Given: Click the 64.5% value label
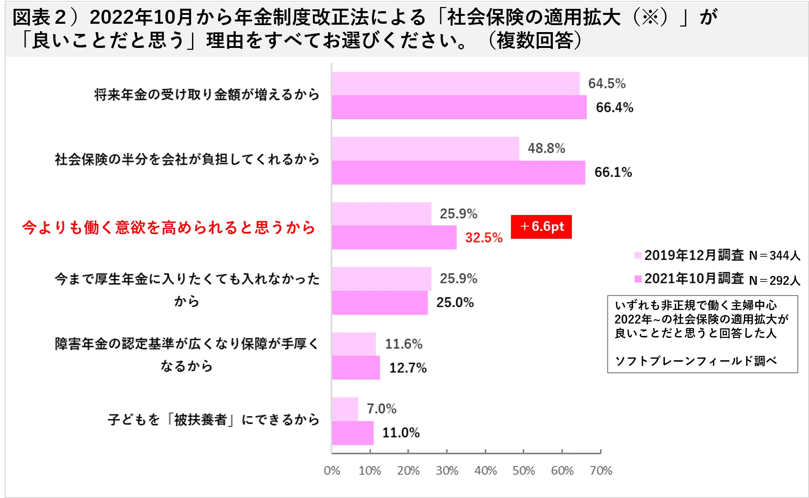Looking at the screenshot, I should point(606,84).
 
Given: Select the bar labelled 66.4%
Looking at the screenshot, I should point(459,108).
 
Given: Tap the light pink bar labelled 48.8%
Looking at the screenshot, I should point(425,148).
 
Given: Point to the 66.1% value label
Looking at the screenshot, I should point(613,173).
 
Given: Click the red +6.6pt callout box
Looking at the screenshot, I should point(541,227).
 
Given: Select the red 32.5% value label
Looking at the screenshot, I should point(484,238).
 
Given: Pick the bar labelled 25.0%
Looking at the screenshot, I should point(379,303).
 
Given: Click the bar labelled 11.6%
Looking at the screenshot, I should point(354,344).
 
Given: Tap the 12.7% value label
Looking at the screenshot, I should point(408,368).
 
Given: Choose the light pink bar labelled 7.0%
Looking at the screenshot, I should point(345,409).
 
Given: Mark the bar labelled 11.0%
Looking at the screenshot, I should point(352,433).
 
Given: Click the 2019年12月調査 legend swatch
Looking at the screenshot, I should point(638,255).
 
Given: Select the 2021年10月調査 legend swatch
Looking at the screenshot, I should point(638,278).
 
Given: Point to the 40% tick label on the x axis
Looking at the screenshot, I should point(485,471).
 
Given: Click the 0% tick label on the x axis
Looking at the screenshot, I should point(332,471).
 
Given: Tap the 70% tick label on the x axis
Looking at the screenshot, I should point(601,471).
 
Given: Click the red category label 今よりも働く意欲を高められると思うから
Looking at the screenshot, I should point(169,228).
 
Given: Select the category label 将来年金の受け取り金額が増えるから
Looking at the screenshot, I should point(207,95).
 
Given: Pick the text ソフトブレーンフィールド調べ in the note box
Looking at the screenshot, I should point(696,361).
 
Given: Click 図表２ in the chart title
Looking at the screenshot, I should point(40,18).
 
